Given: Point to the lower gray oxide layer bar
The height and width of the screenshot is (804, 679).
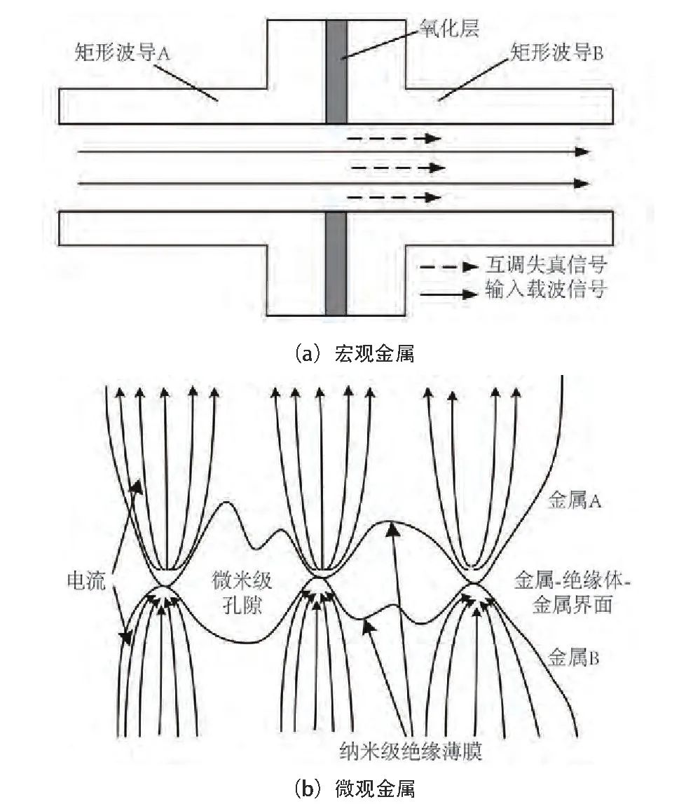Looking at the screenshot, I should pos(336,264).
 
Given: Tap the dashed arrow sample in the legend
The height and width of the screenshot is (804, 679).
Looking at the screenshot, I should pos(448,268).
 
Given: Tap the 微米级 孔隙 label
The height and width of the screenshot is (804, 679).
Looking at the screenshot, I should pos(245,593).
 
